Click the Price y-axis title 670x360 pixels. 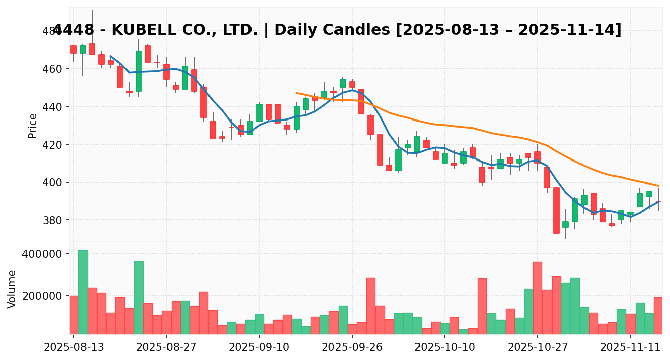(x=33, y=126)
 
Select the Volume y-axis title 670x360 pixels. (x=12, y=289)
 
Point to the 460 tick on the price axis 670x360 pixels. (x=52, y=69)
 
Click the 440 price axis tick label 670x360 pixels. (x=52, y=107)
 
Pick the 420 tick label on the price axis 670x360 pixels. (x=52, y=145)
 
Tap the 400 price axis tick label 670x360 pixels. (x=52, y=182)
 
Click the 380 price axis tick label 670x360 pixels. (x=52, y=220)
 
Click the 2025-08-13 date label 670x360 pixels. (x=74, y=348)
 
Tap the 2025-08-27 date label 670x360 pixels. (x=166, y=348)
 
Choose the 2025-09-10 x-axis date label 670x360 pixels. (x=259, y=348)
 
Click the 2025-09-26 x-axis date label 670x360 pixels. (x=352, y=348)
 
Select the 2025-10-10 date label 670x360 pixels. (x=445, y=348)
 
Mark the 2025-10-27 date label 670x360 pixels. (x=538, y=348)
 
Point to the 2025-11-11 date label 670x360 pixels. (x=631, y=348)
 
